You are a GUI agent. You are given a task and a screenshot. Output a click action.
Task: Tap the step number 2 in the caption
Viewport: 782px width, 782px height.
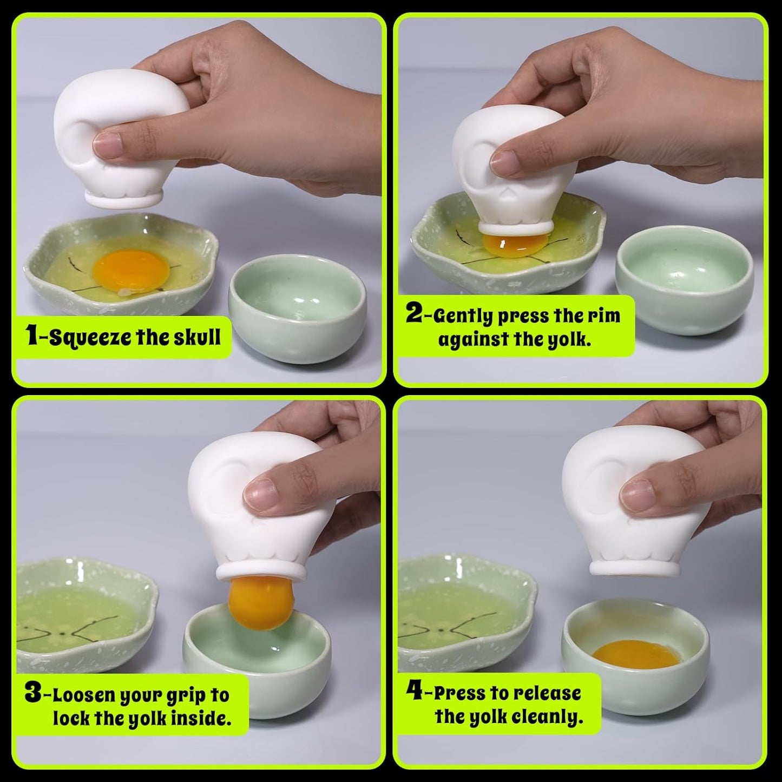coord(415,313)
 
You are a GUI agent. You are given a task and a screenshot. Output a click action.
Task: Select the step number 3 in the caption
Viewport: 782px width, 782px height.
coord(34,693)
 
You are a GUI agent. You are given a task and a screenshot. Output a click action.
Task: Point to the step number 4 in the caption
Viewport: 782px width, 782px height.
coord(415,691)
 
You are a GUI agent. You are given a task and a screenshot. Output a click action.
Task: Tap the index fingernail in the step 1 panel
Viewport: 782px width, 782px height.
coord(108,144)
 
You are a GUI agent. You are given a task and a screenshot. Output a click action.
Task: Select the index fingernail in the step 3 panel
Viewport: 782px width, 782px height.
coord(260,494)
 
